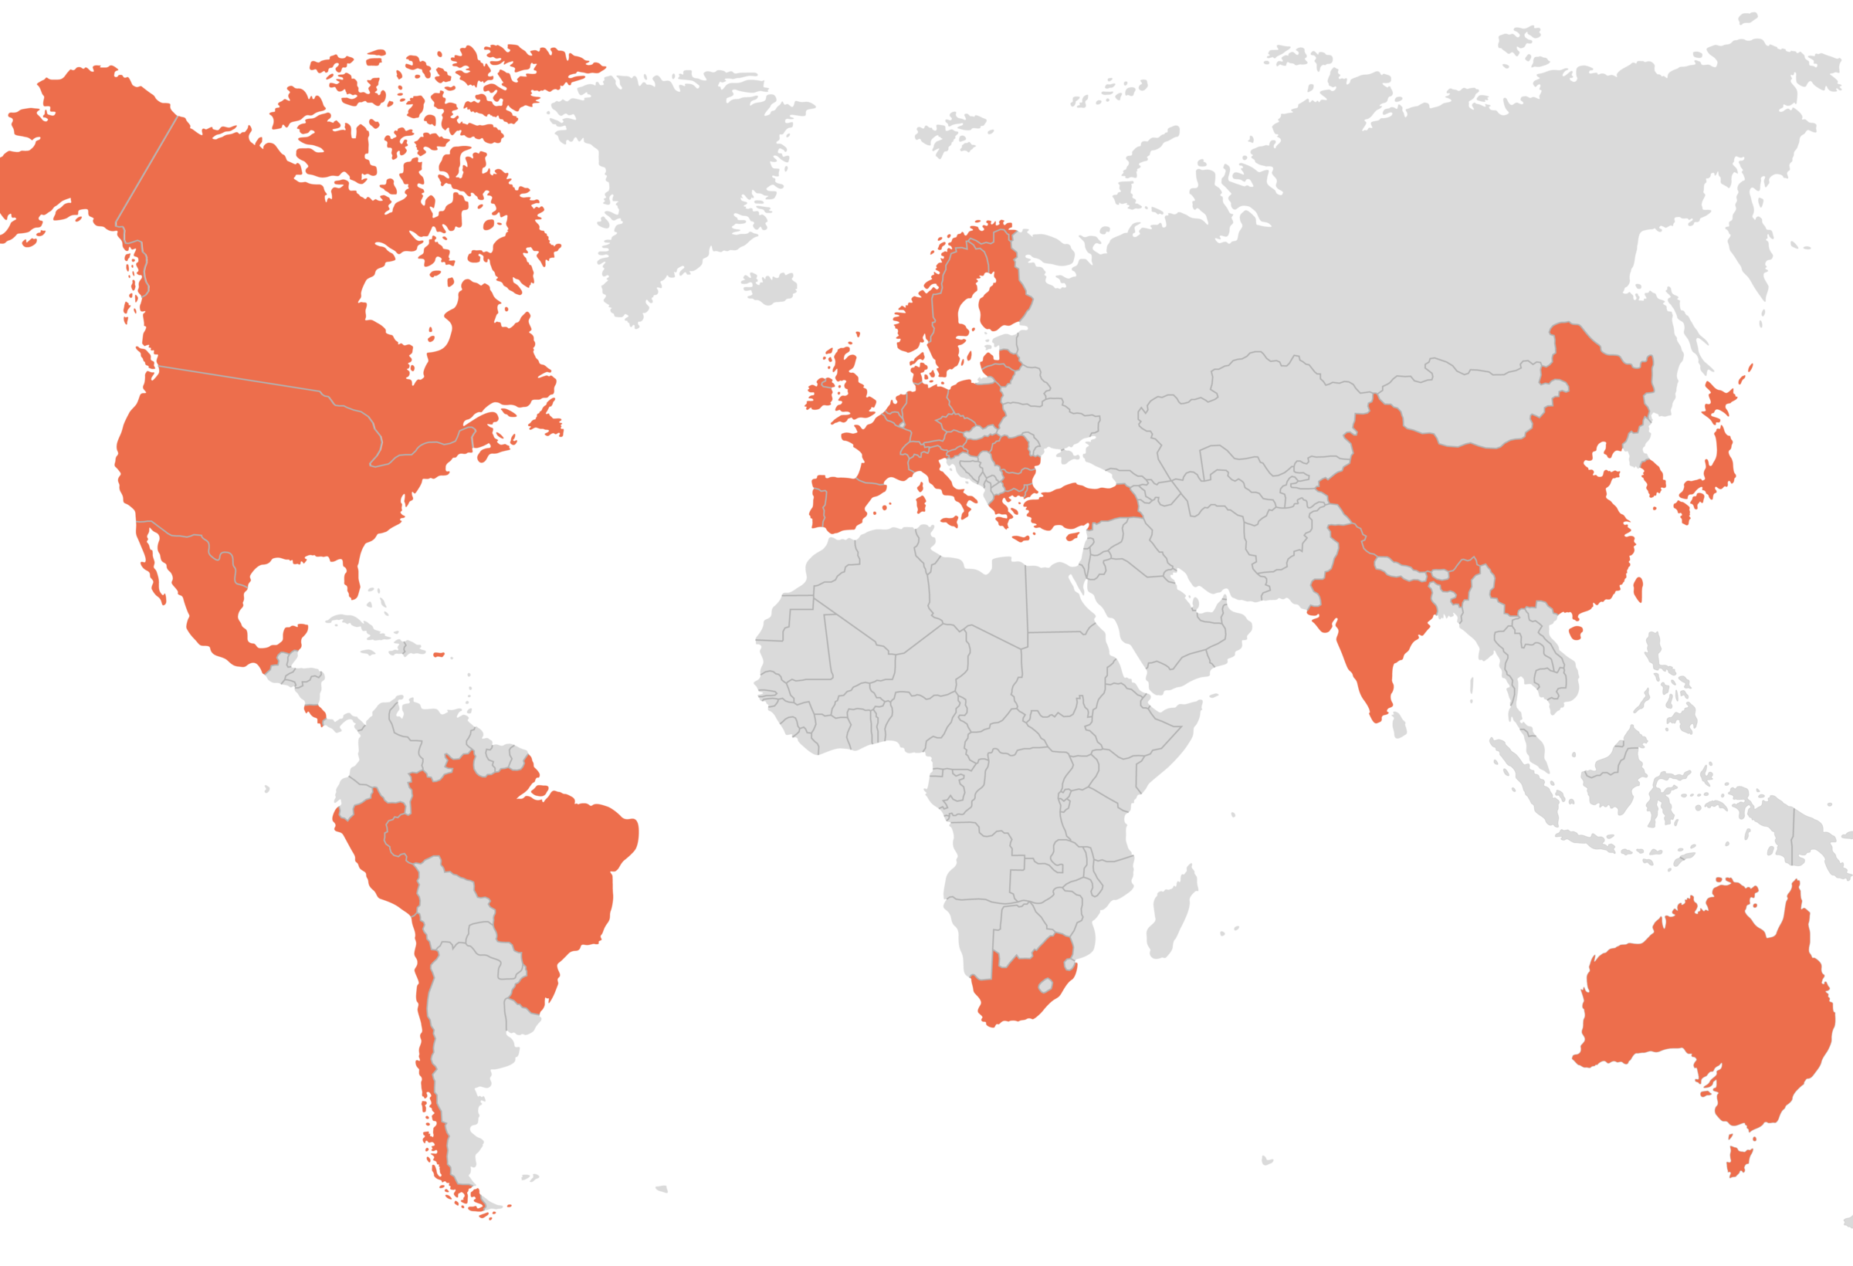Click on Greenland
678,175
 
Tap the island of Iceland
771,286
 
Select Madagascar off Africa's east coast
1172,917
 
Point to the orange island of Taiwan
1638,589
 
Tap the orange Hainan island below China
1576,633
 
